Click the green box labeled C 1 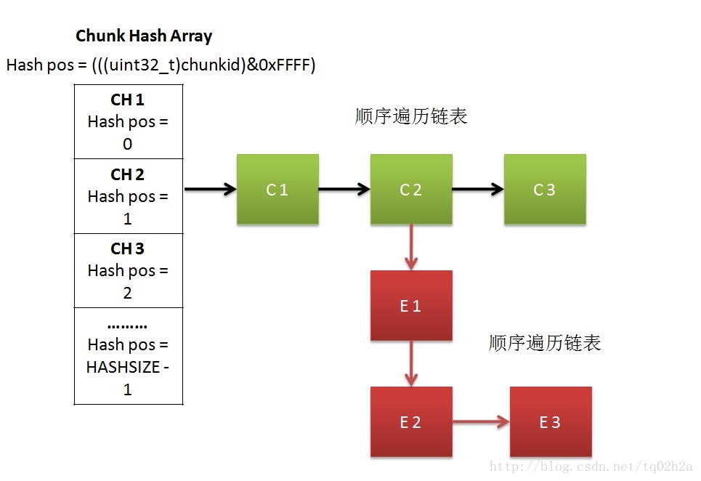277,189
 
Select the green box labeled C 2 411,189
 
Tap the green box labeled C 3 545,189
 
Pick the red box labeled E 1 411,305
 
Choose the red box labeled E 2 411,421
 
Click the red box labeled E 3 551,421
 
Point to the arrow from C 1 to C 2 344,190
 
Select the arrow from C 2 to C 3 478,190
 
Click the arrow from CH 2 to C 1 211,190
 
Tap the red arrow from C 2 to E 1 411,247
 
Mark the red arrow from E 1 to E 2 411,363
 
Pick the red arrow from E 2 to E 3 481,421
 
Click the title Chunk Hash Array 144,36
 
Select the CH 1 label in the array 127,100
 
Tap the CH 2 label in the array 127,174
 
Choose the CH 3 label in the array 127,248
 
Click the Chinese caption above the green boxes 411,116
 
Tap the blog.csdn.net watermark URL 591,466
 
